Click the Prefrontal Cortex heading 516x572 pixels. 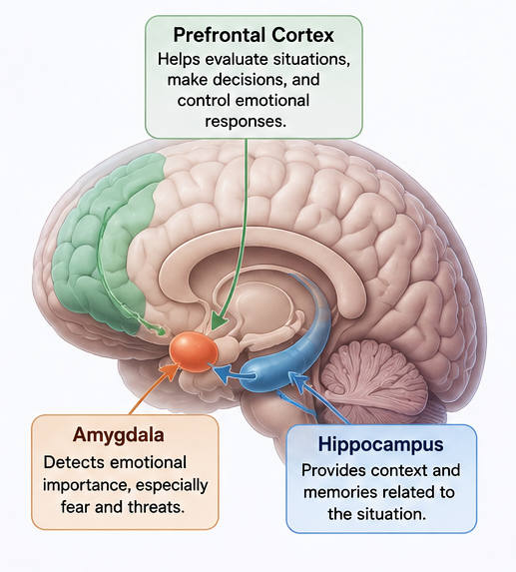tap(254, 35)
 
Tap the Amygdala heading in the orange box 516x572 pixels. tap(119, 435)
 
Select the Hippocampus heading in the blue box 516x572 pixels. tap(381, 444)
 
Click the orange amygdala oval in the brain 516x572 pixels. tap(194, 351)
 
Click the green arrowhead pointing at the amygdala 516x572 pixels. tap(218, 321)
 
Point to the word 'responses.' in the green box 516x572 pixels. tap(246, 122)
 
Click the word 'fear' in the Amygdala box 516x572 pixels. tap(75, 507)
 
